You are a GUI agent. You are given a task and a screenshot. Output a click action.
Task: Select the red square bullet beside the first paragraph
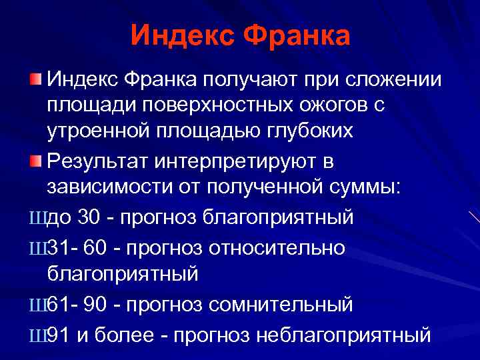coord(36,80)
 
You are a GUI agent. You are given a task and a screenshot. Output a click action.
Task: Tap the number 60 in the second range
coord(97,248)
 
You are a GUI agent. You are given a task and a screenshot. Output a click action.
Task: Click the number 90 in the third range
coord(97,305)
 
